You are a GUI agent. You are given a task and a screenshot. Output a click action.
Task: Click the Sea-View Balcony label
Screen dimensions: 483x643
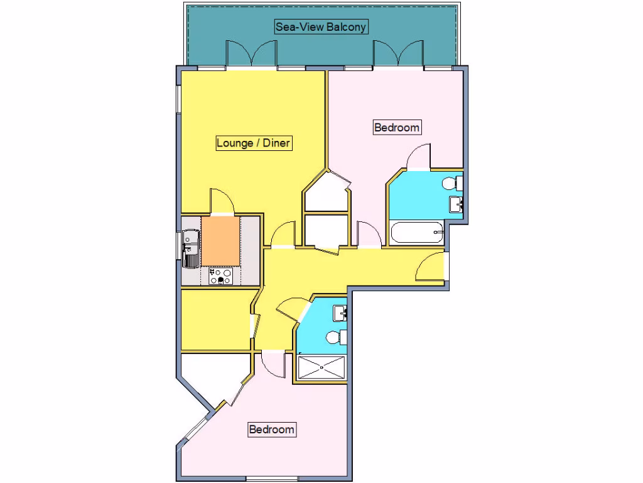[x=320, y=27]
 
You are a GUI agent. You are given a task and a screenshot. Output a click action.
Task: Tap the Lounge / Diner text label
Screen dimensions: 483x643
[x=253, y=143]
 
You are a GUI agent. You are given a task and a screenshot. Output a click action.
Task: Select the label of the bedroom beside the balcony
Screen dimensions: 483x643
[x=396, y=128]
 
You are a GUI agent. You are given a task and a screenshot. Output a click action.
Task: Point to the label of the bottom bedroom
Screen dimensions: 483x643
[x=271, y=430]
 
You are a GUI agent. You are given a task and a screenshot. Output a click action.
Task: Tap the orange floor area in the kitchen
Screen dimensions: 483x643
[x=221, y=241]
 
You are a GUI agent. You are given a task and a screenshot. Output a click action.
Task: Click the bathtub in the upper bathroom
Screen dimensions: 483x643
[x=416, y=233]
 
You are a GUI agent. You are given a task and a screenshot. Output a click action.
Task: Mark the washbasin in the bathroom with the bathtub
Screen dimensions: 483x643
[x=457, y=204]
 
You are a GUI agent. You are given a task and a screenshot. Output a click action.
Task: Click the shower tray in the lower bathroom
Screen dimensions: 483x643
[x=321, y=368]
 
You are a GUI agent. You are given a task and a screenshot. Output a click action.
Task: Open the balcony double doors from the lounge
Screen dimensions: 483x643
[x=251, y=55]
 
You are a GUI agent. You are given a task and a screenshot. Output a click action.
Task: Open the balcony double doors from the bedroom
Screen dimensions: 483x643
[x=399, y=55]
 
